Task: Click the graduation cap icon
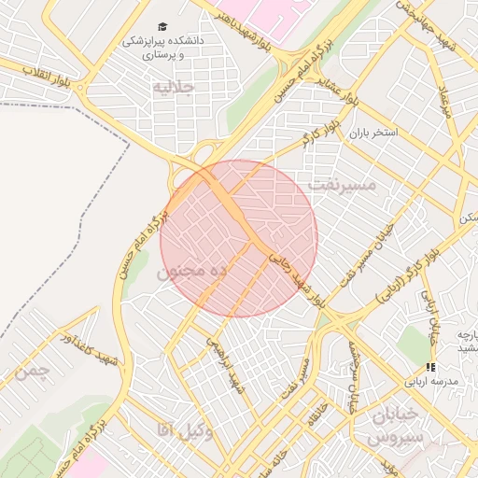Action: coord(163,27)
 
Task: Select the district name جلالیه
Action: coord(175,88)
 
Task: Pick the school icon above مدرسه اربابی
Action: coord(429,368)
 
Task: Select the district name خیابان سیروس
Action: coord(396,425)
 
